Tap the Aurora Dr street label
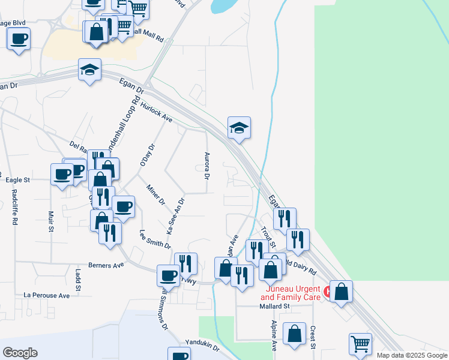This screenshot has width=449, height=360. [x=206, y=166]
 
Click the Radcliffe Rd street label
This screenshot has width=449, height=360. [x=14, y=207]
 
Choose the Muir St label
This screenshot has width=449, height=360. [x=51, y=221]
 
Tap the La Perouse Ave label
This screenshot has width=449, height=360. [x=47, y=295]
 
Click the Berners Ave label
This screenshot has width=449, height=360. [x=106, y=264]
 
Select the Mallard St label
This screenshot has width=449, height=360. [x=274, y=306]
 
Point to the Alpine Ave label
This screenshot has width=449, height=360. [x=274, y=335]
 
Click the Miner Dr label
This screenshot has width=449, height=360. [x=155, y=194]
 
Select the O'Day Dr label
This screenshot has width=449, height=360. [x=147, y=155]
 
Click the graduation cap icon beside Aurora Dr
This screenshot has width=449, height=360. [x=239, y=127]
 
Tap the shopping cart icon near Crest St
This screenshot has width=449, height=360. [x=360, y=344]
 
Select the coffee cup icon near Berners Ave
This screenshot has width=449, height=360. [x=168, y=275]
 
